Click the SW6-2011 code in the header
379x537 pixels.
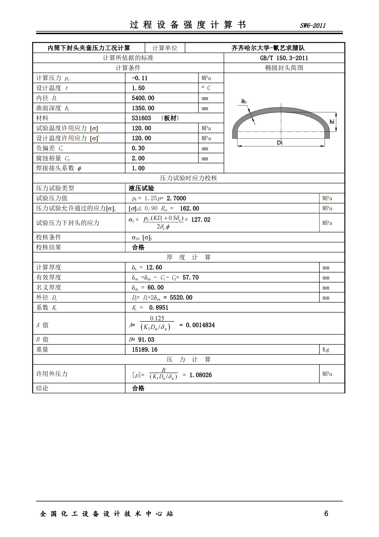tap(313, 26)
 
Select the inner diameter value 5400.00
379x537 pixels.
tap(143, 98)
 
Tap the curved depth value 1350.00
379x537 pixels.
tap(143, 108)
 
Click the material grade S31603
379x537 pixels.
tap(141, 118)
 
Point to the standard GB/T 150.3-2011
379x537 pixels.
tap(284, 58)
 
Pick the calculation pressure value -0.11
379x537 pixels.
tap(140, 78)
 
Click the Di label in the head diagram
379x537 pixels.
tap(280, 143)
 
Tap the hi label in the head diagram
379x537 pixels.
tap(332, 122)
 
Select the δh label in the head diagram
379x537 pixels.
tap(244, 101)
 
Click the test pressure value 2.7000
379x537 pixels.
tap(176, 198)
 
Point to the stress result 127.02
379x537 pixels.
tap(201, 220)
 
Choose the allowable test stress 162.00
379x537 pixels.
tap(189, 208)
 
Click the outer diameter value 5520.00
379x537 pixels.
tap(181, 298)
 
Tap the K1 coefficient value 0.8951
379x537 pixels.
tap(159, 308)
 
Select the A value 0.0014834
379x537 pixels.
tap(200, 325)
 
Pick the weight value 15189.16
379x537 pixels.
tap(145, 350)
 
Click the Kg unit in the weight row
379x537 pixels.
tap(326, 350)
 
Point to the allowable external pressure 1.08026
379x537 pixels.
tap(201, 375)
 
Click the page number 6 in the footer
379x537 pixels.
tap(326, 513)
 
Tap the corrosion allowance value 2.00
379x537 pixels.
tap(138, 158)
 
